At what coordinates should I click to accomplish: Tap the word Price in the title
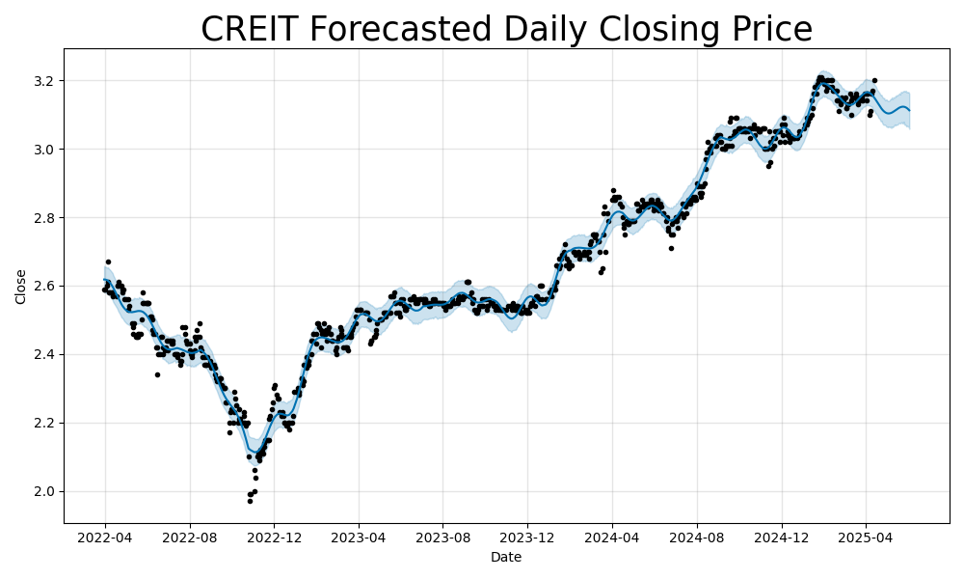769,30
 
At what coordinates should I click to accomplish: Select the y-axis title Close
21,287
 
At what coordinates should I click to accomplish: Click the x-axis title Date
506,557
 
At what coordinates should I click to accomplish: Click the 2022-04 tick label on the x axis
105,538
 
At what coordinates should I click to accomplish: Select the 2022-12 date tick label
274,538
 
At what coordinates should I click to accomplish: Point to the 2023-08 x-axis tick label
442,538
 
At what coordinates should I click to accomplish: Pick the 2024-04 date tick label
612,538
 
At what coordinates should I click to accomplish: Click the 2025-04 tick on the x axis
866,538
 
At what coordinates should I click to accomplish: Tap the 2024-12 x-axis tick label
782,538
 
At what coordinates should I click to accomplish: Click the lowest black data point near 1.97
250,501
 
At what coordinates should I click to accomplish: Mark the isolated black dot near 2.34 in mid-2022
157,374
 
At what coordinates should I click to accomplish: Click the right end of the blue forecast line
909,111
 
